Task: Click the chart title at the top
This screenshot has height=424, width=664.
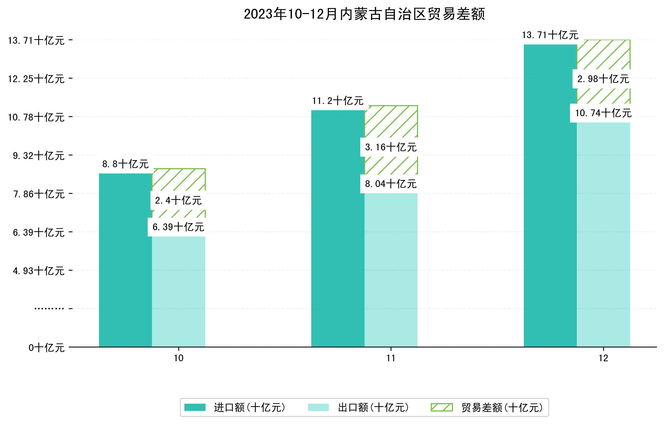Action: (x=364, y=14)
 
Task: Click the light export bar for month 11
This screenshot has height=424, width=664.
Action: (x=391, y=270)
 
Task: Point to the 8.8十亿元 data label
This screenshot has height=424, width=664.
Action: (x=125, y=164)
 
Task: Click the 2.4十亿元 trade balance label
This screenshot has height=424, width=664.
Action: (x=178, y=201)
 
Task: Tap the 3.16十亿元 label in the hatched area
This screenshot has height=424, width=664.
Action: (x=391, y=147)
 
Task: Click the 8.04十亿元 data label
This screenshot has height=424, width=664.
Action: (x=391, y=184)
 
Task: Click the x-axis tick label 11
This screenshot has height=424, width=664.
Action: (x=391, y=358)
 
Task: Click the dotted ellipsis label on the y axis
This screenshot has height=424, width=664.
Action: (x=49, y=309)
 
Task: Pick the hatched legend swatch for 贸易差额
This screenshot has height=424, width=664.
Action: (x=442, y=407)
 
